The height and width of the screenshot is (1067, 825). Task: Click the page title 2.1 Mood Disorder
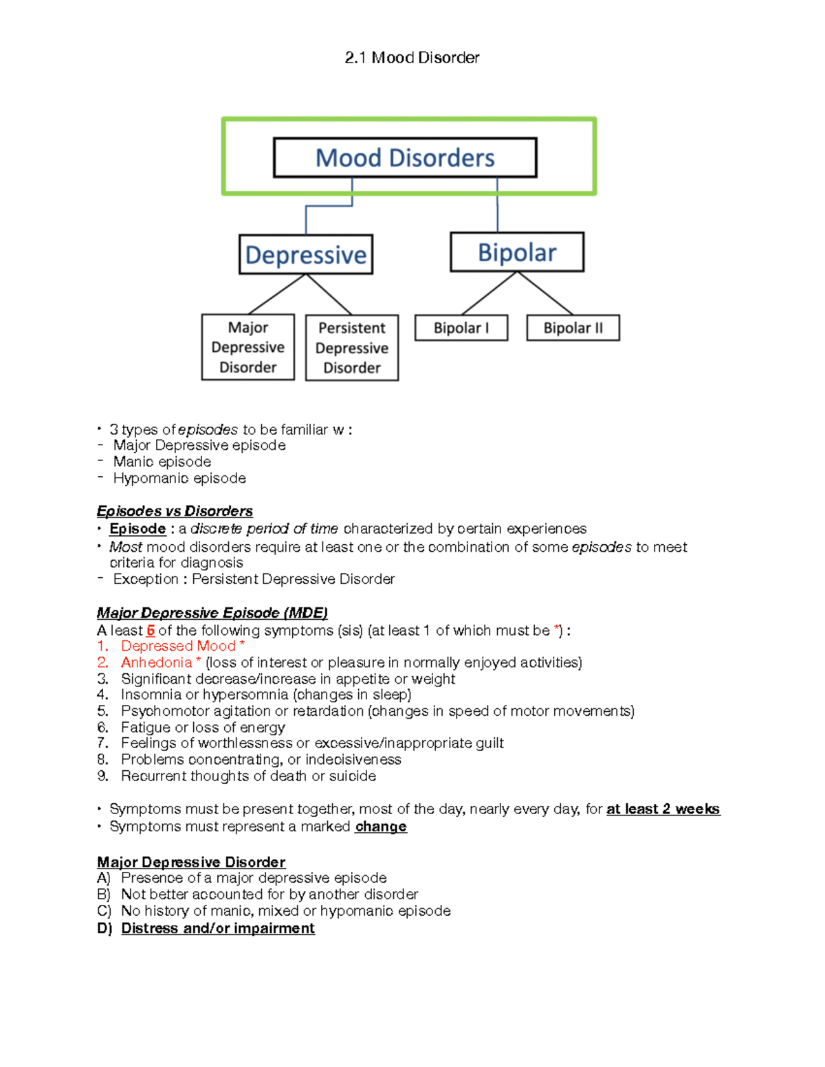coord(412,58)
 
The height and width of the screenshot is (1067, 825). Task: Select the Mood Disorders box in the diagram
coord(405,158)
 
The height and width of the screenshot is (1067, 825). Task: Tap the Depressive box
coord(306,255)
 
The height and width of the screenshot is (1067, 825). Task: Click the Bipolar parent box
coord(517,253)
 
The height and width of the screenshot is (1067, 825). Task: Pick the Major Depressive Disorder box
coord(248,347)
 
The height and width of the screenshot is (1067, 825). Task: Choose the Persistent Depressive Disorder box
coord(352,348)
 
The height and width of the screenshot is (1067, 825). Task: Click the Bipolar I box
coord(461,328)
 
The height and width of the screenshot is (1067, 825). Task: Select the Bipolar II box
coord(573,328)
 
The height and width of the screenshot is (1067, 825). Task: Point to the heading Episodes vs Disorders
coord(175,511)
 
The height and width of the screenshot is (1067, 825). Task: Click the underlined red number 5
coord(151,630)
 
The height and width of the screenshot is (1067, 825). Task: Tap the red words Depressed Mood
coord(178,646)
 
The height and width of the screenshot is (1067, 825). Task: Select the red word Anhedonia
coord(157,662)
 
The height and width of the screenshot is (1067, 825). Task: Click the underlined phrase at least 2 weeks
coord(663,809)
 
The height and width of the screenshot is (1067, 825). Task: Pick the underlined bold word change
coord(381,827)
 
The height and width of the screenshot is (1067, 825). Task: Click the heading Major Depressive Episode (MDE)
coord(212,613)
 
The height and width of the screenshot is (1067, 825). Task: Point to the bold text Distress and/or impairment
coord(218,928)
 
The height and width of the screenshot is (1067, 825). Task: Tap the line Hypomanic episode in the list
coord(179,478)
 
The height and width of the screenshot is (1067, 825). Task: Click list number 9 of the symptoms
coord(103,776)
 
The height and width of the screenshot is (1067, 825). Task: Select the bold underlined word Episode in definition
coord(137,528)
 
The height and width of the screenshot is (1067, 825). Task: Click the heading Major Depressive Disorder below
coord(191,862)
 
